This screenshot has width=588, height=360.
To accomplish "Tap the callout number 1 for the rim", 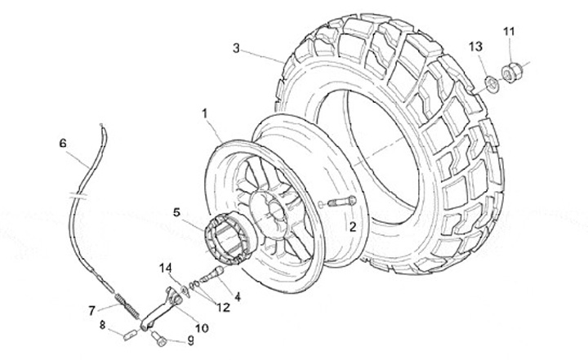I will (x=205, y=113).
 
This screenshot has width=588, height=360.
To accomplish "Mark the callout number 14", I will (x=166, y=266).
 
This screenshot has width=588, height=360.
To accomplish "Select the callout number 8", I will (x=103, y=325).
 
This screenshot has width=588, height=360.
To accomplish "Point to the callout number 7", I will (x=92, y=309).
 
